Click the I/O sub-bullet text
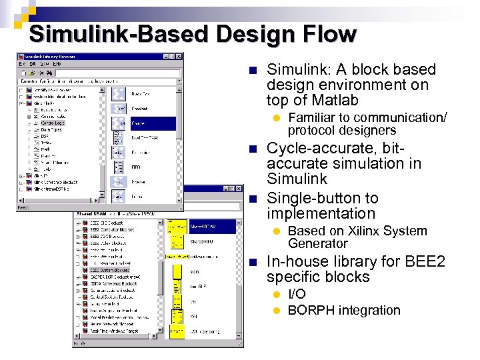click(297, 294)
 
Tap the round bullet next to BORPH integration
click(278, 311)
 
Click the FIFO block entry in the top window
click(137, 167)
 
